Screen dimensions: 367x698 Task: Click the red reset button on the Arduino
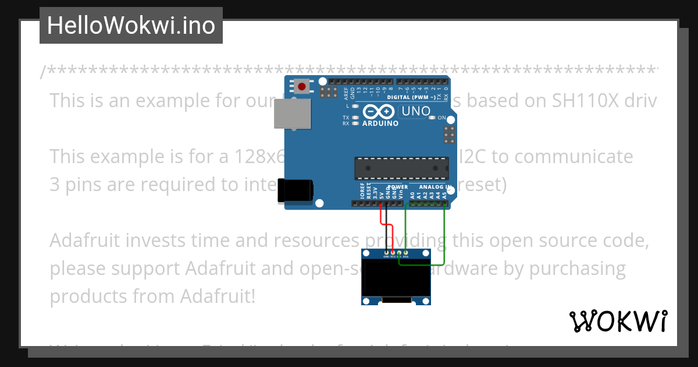pyautogui.click(x=301, y=87)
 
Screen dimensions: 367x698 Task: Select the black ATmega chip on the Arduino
pyautogui.click(x=402, y=168)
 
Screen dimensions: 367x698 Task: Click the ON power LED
pyautogui.click(x=432, y=118)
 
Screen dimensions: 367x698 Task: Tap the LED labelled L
pyautogui.click(x=354, y=106)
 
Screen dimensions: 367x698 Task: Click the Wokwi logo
pyautogui.click(x=618, y=321)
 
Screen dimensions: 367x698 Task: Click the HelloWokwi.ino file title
pyautogui.click(x=131, y=26)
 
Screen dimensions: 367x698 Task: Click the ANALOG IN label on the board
pyautogui.click(x=435, y=188)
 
